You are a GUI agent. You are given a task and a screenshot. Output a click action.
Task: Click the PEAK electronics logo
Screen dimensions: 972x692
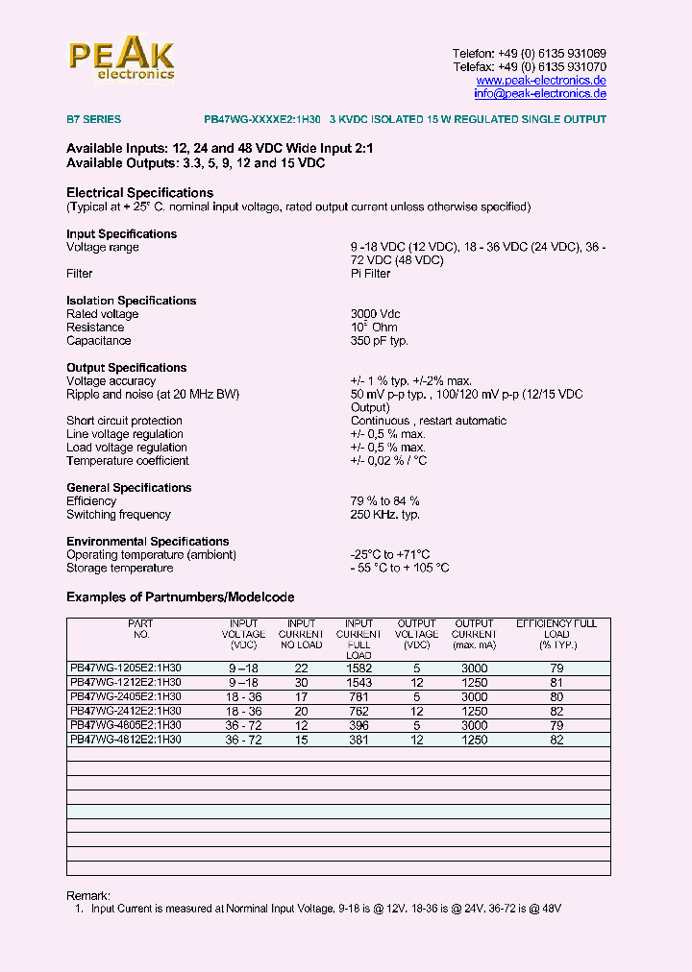point(122,59)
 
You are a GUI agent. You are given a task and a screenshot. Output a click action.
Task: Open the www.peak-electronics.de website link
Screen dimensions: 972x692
point(541,81)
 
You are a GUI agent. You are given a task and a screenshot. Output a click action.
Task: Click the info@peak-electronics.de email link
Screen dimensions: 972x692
point(540,94)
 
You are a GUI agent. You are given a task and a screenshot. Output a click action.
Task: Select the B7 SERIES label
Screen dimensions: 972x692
point(93,120)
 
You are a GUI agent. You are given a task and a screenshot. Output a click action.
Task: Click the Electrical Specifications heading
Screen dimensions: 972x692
point(139,193)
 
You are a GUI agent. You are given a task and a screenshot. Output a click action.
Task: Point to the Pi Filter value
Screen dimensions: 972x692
point(370,274)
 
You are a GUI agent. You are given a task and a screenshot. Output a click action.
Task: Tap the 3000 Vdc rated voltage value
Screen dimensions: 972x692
point(375,314)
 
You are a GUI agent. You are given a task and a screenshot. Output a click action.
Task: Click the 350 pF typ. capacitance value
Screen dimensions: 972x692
point(380,341)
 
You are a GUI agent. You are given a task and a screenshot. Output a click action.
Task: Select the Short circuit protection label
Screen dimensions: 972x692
point(124,421)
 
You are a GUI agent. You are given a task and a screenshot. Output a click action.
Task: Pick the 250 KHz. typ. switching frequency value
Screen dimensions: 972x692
point(384,515)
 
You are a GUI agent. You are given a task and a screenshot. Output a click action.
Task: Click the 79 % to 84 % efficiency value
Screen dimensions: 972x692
point(384,501)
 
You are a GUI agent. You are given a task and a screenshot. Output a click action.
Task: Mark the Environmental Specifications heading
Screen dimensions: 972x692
point(147,542)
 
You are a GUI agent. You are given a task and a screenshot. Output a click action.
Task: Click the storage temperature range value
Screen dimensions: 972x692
point(399,569)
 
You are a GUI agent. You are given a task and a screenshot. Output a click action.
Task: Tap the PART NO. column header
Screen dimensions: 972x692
point(140,629)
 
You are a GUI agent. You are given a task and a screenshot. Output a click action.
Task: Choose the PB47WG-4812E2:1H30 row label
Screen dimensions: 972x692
point(126,741)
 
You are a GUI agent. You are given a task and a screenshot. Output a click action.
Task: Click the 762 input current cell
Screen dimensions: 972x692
point(359,712)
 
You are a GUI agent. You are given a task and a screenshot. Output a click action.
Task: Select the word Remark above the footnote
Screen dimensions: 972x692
point(88,895)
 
